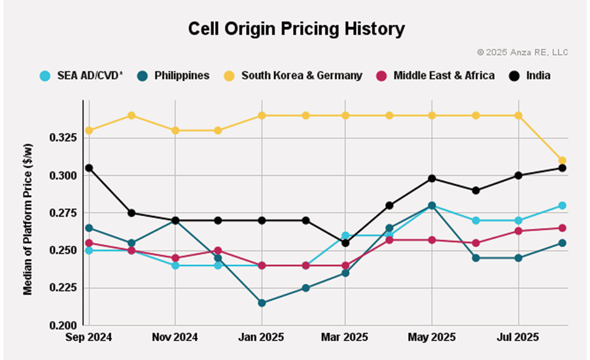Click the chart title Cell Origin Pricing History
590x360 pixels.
point(296,29)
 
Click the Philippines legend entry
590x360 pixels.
point(175,75)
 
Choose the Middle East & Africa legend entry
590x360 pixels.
point(436,75)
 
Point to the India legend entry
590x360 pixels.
point(532,75)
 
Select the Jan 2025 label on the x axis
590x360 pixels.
point(262,338)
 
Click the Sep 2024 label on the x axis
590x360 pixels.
point(89,338)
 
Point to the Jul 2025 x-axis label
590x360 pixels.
point(519,338)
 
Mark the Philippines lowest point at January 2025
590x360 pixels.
point(262,303)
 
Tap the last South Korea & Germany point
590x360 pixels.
point(561,160)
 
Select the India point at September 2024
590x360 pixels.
point(89,168)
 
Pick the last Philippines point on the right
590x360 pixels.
point(561,243)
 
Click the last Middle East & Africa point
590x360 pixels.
point(561,228)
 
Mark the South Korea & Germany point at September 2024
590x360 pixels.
point(89,130)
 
